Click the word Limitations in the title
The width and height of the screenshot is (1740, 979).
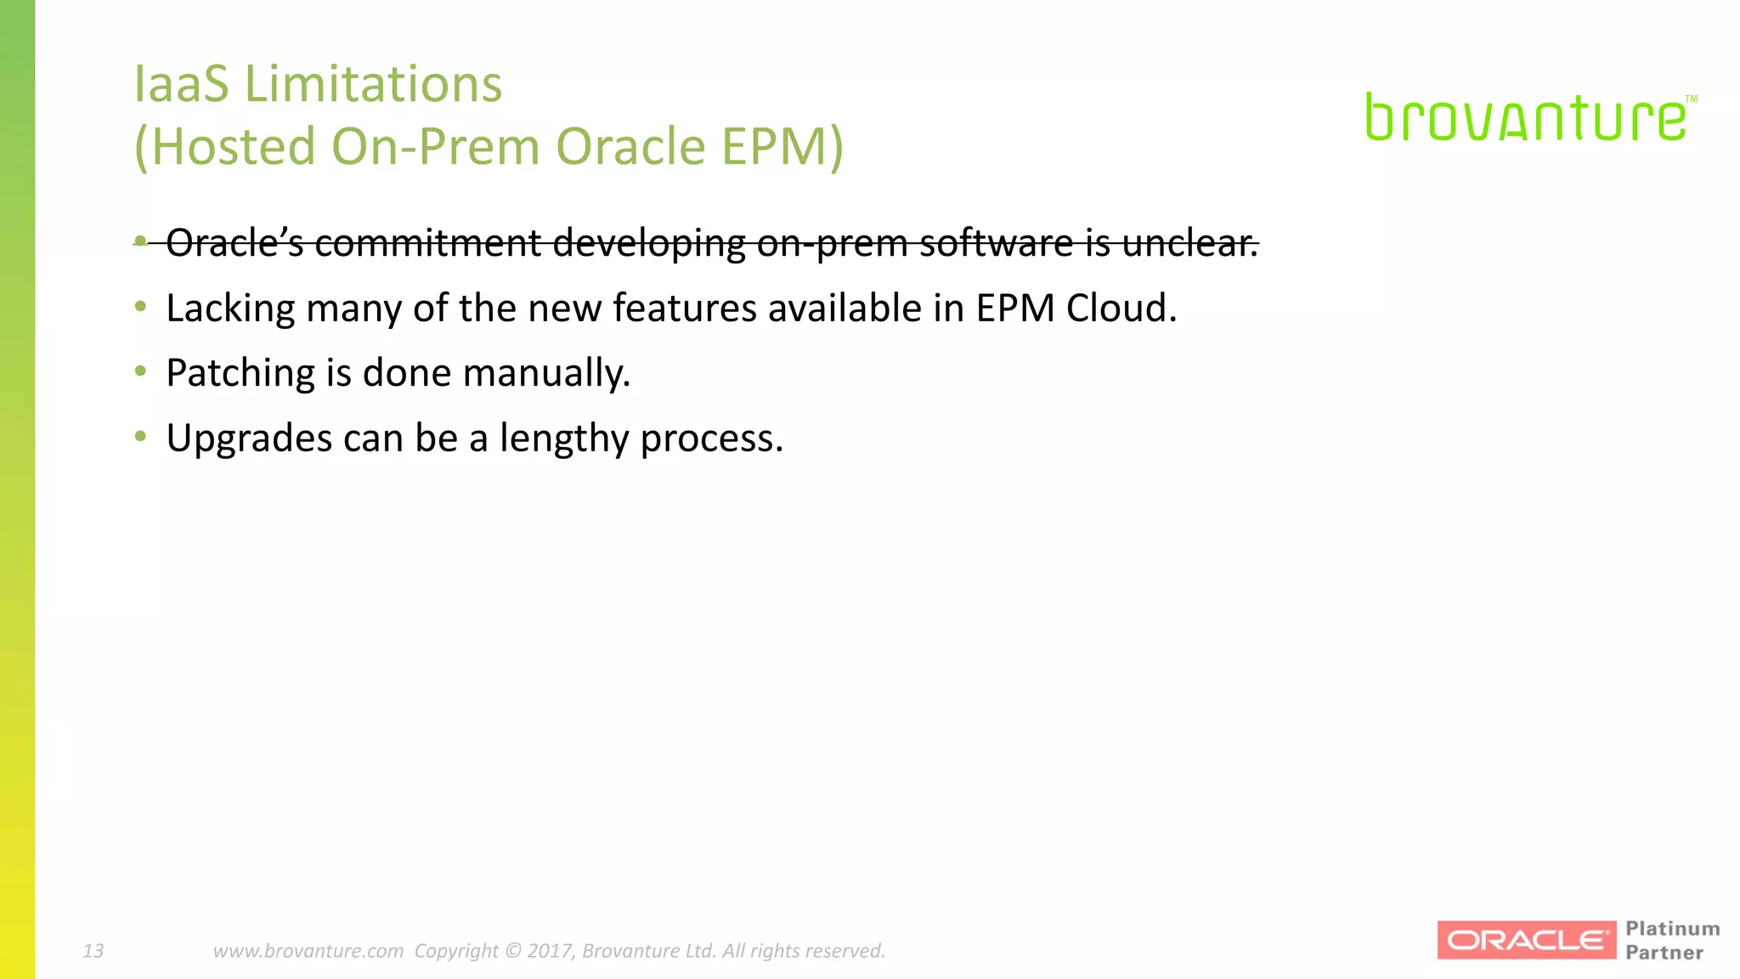373,84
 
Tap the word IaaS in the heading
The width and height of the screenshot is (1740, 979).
181,84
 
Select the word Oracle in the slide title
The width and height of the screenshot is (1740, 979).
630,146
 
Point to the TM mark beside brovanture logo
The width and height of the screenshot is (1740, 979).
1691,99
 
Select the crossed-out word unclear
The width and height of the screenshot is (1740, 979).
1189,243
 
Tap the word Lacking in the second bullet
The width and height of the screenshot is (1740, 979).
230,308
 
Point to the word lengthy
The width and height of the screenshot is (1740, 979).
563,439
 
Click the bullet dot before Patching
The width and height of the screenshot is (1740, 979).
141,371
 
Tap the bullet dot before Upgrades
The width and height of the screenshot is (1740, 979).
141,436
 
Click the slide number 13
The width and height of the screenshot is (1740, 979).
93,950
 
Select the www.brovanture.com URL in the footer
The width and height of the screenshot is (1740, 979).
308,950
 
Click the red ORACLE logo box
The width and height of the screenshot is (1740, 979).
1526,940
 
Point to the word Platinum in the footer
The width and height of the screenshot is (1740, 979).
1672,929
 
